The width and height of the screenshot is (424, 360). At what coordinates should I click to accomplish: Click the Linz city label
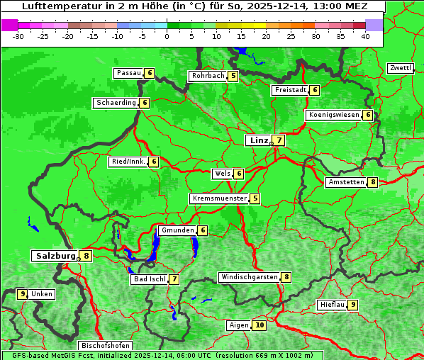pos(258,140)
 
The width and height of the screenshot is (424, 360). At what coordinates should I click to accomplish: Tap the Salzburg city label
pos(55,256)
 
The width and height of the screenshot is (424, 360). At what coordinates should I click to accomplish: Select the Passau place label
pos(128,73)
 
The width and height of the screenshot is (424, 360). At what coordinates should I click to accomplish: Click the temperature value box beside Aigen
pos(260,325)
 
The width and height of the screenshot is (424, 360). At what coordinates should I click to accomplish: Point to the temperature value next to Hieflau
pos(352,305)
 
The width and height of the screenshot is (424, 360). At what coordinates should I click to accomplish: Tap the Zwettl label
pos(400,68)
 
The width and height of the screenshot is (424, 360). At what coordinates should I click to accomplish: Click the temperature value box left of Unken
pos(23,294)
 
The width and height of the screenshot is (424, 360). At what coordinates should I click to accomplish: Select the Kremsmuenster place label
pos(219,198)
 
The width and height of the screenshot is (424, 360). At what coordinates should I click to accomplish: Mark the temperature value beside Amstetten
pos(373,182)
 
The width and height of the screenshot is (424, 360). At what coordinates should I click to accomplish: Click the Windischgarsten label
pos(249,277)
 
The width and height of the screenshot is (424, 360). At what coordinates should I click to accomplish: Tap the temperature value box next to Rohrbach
pos(233,76)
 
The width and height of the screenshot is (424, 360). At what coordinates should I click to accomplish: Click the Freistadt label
pos(291,90)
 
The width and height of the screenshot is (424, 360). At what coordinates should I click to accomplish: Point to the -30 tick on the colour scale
pos(19,36)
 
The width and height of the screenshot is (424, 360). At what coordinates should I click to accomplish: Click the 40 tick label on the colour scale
pos(365,36)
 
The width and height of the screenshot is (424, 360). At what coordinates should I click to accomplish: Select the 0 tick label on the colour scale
pos(167,36)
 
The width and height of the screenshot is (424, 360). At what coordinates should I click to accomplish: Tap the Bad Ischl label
pos(149,279)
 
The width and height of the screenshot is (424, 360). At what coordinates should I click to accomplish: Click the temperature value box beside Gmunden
pos(203,230)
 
